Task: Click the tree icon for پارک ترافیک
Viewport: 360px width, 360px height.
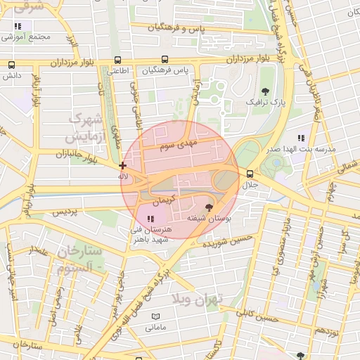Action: pos(265,91)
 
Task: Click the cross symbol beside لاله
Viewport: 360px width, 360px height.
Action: pos(123,165)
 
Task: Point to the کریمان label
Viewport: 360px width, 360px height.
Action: pos(161,200)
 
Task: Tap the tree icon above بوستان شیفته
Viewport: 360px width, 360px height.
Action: pos(208,207)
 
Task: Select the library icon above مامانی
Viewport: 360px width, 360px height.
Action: pos(155,317)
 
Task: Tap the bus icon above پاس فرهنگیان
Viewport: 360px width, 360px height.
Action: pos(165,60)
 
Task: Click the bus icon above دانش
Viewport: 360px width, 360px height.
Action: pos(11,64)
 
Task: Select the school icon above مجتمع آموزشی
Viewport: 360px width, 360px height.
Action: pos(17,26)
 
